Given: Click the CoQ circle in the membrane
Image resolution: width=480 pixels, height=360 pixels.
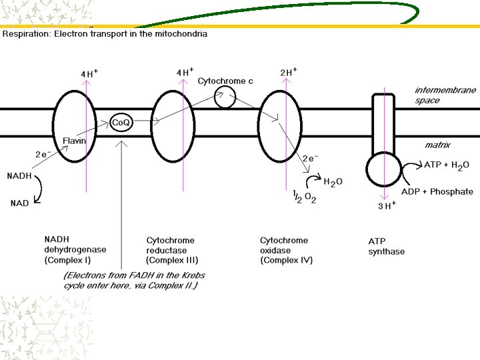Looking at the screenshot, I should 120,123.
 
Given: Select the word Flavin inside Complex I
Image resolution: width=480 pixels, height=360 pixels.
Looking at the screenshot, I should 74,141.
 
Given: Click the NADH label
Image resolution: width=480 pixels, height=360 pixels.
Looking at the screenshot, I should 19,176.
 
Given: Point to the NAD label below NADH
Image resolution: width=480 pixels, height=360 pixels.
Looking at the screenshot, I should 19,203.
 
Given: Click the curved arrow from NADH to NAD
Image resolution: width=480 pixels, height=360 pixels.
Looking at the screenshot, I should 39,189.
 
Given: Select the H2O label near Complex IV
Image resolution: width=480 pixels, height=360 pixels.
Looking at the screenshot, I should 333,181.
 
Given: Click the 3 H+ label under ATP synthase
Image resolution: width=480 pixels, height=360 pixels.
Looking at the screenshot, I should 387,206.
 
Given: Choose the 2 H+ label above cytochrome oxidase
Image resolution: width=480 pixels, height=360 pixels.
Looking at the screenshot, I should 289,72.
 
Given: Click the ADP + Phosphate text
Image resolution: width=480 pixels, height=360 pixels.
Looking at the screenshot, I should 437,192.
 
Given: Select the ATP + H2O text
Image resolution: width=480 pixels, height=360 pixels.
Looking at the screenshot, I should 447,165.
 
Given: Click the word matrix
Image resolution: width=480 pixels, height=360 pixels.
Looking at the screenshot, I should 437,145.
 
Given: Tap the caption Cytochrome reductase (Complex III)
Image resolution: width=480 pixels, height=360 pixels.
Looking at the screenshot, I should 172,250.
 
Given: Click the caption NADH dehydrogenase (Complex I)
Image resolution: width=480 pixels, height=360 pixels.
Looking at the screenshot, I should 75,249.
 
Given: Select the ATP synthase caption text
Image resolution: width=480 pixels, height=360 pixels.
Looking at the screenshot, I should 386,246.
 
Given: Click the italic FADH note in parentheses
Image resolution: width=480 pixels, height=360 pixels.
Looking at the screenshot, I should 134,280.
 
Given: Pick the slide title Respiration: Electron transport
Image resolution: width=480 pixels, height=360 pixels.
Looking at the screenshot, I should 105,34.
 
